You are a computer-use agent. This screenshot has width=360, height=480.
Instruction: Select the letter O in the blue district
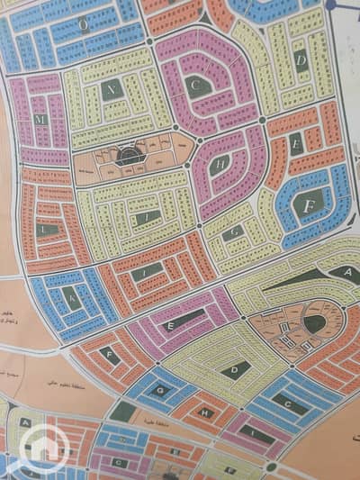pyautogui.click(x=84, y=27)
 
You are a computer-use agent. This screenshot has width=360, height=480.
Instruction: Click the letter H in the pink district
pyautogui.click(x=220, y=163)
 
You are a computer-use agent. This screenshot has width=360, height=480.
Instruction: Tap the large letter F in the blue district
pyautogui.click(x=309, y=204)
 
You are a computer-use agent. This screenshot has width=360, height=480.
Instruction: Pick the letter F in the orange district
pyautogui.click(x=108, y=353)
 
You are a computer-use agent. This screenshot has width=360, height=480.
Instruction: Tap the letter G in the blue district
pyautogui.click(x=160, y=390)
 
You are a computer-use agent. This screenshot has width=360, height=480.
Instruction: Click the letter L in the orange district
pyautogui.click(x=42, y=230)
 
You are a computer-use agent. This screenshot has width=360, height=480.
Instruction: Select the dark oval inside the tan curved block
pyautogui.click(x=314, y=322)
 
